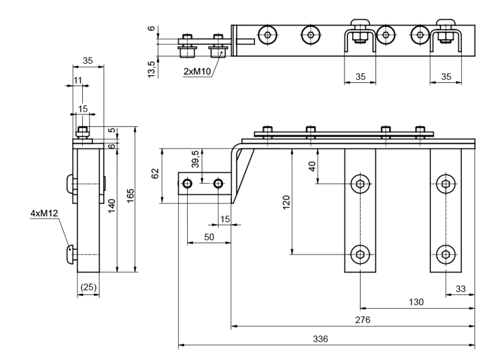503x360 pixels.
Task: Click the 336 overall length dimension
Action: (x=320, y=339)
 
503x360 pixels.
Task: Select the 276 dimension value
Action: (x=362, y=320)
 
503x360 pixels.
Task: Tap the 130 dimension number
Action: (x=416, y=302)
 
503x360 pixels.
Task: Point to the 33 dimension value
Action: (x=460, y=288)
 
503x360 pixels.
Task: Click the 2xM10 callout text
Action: (x=197, y=72)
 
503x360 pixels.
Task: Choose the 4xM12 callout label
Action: (x=44, y=213)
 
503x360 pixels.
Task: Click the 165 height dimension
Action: (x=131, y=195)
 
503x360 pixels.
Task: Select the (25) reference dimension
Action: (x=88, y=287)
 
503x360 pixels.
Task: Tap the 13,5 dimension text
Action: (x=151, y=69)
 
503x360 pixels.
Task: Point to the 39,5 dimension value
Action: (x=195, y=159)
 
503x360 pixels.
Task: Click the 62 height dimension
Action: (x=155, y=173)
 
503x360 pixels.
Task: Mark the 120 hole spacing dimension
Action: (x=286, y=202)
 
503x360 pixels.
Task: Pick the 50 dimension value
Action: (x=209, y=237)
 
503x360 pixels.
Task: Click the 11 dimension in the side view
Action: (x=77, y=80)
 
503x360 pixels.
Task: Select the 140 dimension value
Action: (x=111, y=206)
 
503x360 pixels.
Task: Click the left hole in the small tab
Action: (x=187, y=184)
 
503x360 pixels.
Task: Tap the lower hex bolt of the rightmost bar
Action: (x=446, y=255)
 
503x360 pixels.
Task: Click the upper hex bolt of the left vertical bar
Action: (x=360, y=184)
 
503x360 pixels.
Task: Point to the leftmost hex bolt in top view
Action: (x=268, y=35)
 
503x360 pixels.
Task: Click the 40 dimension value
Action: (x=312, y=166)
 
